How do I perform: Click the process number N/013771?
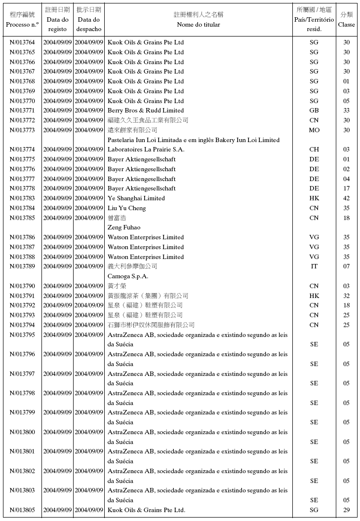coord(22,111)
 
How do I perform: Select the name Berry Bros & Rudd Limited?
coord(145,111)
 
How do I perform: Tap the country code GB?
coord(314,111)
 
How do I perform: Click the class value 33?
coord(346,111)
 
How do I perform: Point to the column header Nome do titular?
coord(199,25)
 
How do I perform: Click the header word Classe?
coord(346,25)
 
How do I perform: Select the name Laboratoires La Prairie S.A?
coord(146,149)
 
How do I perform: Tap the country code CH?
coord(314,149)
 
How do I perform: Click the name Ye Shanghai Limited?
coord(136,198)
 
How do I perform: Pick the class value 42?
coord(346,198)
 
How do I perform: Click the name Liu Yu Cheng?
coord(126,208)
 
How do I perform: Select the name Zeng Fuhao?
coord(124,227)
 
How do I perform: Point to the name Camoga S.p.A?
coord(128,276)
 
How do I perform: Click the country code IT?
coord(314,266)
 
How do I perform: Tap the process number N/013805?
coord(22,510)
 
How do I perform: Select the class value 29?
coord(346,510)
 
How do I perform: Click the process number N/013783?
coord(22,198)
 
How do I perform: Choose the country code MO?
coord(314,130)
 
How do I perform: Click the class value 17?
coord(346,188)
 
